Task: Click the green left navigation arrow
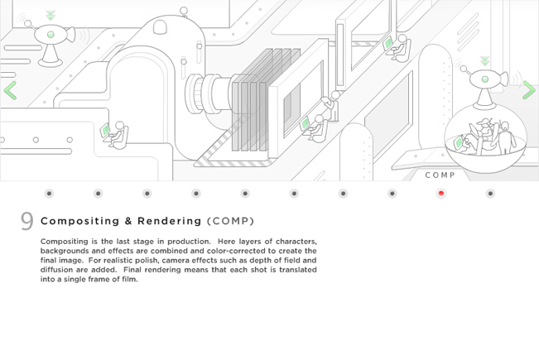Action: [10, 90]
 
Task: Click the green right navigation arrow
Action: [529, 90]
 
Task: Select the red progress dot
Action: [441, 194]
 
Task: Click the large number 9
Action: [26, 221]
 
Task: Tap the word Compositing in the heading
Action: [79, 221]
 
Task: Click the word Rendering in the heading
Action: [169, 221]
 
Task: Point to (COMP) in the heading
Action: [231, 221]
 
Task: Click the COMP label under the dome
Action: [440, 175]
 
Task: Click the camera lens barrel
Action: [209, 94]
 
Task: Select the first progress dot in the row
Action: [49, 194]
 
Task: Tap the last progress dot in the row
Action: [490, 194]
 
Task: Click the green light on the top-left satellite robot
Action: [51, 35]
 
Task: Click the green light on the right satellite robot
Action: [485, 79]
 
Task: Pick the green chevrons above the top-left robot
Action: [51, 16]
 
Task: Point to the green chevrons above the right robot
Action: [485, 60]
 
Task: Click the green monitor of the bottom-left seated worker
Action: [105, 130]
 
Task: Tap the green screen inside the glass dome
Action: [459, 142]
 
